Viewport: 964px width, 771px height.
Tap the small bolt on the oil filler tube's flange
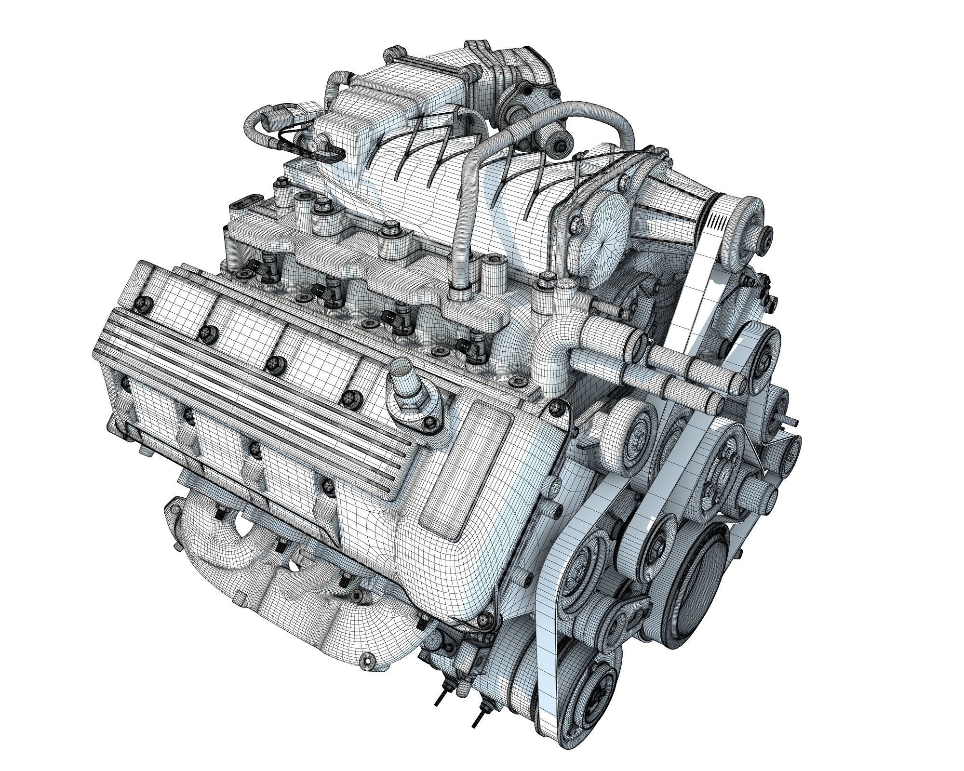(427, 423)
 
